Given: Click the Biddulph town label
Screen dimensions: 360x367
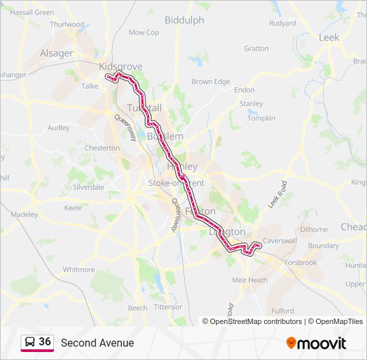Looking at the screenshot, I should coord(184,20).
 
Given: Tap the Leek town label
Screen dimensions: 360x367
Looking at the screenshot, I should coord(329,37).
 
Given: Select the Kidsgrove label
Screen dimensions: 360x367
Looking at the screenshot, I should coord(121,67).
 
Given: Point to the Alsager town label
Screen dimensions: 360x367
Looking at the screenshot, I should coord(57,53).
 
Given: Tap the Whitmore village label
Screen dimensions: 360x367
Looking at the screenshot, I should coord(79,269).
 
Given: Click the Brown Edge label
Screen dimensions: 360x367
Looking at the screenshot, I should coord(211,82).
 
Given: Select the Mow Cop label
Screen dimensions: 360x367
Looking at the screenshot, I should coord(143,32).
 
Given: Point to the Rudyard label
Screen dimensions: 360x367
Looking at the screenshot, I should coord(282,23).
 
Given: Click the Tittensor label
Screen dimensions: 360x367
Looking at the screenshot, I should coord(167,307).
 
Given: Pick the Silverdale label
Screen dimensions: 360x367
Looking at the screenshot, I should coord(88,187).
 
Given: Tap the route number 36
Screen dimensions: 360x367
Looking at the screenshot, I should coord(45,341).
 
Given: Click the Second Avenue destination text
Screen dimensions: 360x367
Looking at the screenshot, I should coord(97,343).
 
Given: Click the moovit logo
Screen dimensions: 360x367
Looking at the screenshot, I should coord(316,343).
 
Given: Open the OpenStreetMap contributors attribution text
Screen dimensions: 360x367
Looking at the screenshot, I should coord(256,321).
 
